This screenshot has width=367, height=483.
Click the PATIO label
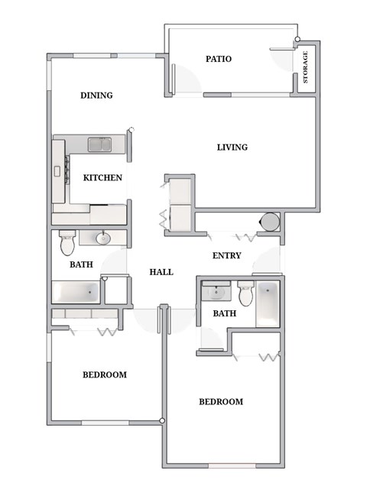(219, 59)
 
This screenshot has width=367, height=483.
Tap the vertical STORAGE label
(306, 67)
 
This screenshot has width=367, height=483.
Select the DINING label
(96, 96)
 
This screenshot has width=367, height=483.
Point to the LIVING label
(232, 147)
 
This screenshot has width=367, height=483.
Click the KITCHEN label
(102, 177)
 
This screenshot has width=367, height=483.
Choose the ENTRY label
(226, 256)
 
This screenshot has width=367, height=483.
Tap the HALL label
(161, 271)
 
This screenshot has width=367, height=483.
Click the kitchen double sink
(100, 144)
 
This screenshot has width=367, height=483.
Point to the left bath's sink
(102, 238)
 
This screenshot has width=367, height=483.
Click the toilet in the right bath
(245, 293)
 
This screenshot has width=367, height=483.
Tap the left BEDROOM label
(104, 374)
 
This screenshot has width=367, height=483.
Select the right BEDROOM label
(220, 401)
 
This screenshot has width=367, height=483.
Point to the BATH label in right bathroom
(224, 313)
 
